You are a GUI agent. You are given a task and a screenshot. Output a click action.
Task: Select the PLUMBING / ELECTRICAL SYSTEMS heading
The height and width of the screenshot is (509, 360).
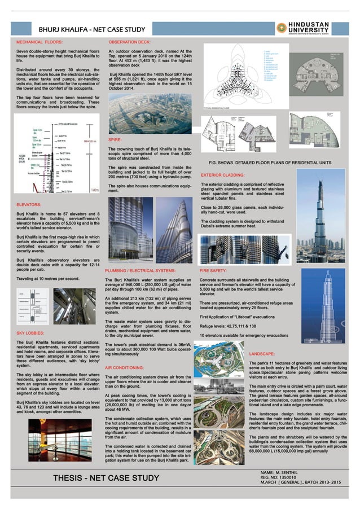(144, 271)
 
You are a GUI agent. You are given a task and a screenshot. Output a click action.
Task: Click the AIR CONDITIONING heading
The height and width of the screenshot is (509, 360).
(128, 367)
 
